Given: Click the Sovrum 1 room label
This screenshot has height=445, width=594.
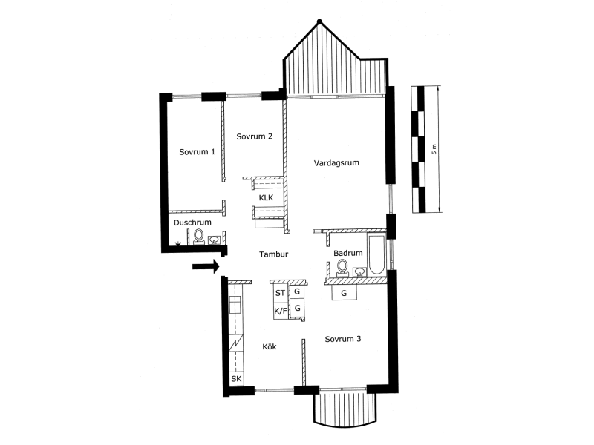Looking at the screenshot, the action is (197, 152).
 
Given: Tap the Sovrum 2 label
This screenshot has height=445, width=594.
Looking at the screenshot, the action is (254, 136).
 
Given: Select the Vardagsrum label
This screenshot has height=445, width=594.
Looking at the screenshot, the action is (336, 163).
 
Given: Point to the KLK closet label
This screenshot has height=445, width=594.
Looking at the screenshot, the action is (266, 197).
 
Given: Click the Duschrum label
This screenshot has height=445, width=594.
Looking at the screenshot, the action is (192, 222).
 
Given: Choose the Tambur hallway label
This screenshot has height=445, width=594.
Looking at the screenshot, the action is (273, 254).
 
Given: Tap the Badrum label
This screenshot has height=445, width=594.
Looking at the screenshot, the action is (347, 253).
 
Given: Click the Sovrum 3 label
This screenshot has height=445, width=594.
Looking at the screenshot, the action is (343, 339).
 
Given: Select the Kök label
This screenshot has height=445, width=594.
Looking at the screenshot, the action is (270, 346).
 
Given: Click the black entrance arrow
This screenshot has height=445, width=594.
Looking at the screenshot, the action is (206, 266).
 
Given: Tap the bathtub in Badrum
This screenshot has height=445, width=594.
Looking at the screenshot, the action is (376, 255).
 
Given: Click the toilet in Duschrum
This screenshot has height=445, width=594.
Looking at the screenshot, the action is (198, 237).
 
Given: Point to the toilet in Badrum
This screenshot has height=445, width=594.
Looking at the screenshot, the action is (342, 267).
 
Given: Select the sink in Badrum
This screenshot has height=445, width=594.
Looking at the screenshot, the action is (359, 271).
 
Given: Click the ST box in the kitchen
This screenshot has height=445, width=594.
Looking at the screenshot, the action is (281, 293).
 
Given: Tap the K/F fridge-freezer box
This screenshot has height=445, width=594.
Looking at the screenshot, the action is (281, 311).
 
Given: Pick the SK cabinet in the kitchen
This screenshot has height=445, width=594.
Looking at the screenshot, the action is (236, 379).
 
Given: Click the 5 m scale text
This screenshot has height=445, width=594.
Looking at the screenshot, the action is (434, 149).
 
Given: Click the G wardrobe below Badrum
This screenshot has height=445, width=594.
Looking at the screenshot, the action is (344, 292).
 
